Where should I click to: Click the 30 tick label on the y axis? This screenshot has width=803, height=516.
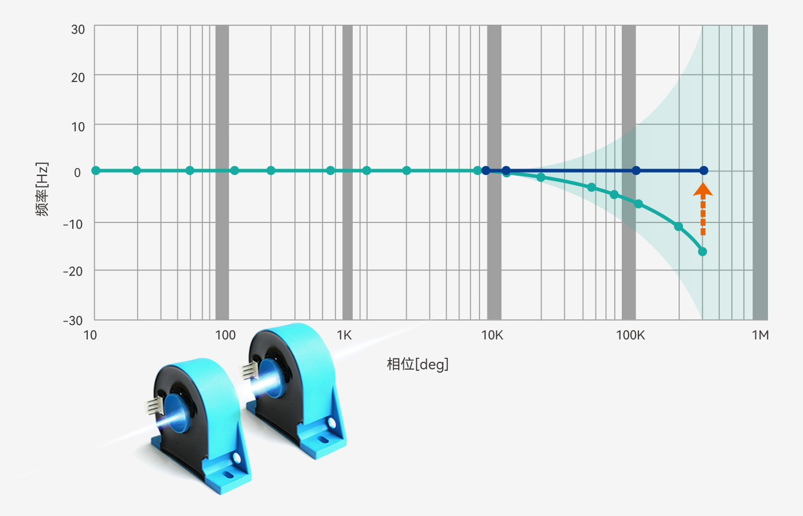[x=78, y=29]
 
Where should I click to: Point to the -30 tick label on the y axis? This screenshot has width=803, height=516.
[x=73, y=320]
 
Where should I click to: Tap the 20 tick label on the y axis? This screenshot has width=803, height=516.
[x=78, y=78]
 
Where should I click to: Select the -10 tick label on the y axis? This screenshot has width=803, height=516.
[x=73, y=224]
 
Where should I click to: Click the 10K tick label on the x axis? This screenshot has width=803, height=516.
[x=492, y=335]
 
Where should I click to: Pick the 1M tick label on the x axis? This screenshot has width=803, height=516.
[x=760, y=335]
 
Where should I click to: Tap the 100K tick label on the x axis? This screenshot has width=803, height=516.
[x=630, y=335]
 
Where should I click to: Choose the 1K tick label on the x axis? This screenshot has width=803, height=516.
[x=344, y=335]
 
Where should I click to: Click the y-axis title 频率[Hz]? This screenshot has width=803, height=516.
[x=42, y=189]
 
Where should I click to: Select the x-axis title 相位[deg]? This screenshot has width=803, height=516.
[x=418, y=365]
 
